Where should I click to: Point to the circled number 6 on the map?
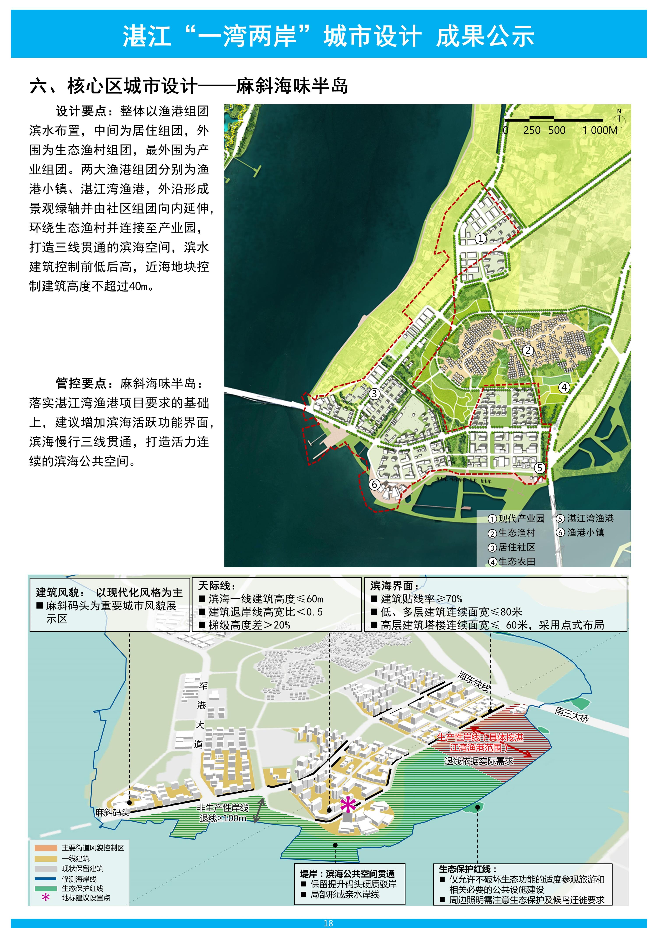tap(375, 484)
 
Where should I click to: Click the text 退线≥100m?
tap(223, 818)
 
